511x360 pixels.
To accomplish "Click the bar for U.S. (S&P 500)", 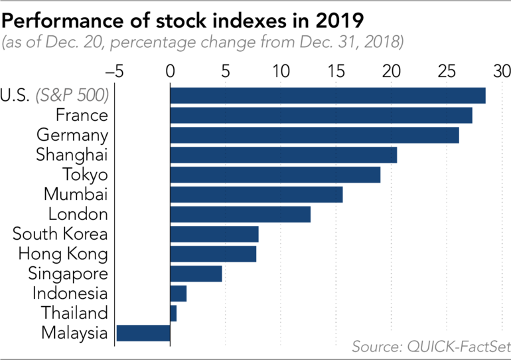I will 328,95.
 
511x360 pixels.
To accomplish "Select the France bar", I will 321,115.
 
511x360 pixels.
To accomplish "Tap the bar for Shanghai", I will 283,155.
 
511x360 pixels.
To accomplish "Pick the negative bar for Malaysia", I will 143,333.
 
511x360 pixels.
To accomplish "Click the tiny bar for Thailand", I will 173,313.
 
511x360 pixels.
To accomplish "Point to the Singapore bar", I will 196,274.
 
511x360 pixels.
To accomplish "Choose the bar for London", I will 240,214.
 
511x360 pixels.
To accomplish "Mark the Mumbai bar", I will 256,194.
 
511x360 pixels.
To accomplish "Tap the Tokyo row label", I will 85,175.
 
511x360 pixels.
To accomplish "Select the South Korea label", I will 60,234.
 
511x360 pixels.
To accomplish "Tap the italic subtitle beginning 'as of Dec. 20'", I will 202,43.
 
